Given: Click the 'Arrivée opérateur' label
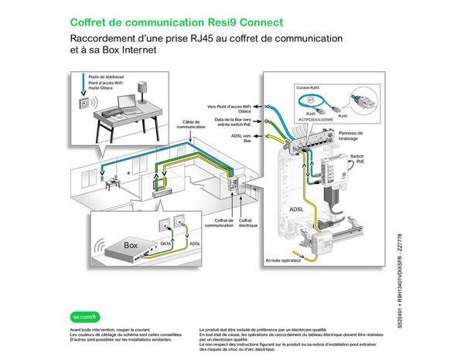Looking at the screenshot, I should [x=281, y=262].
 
